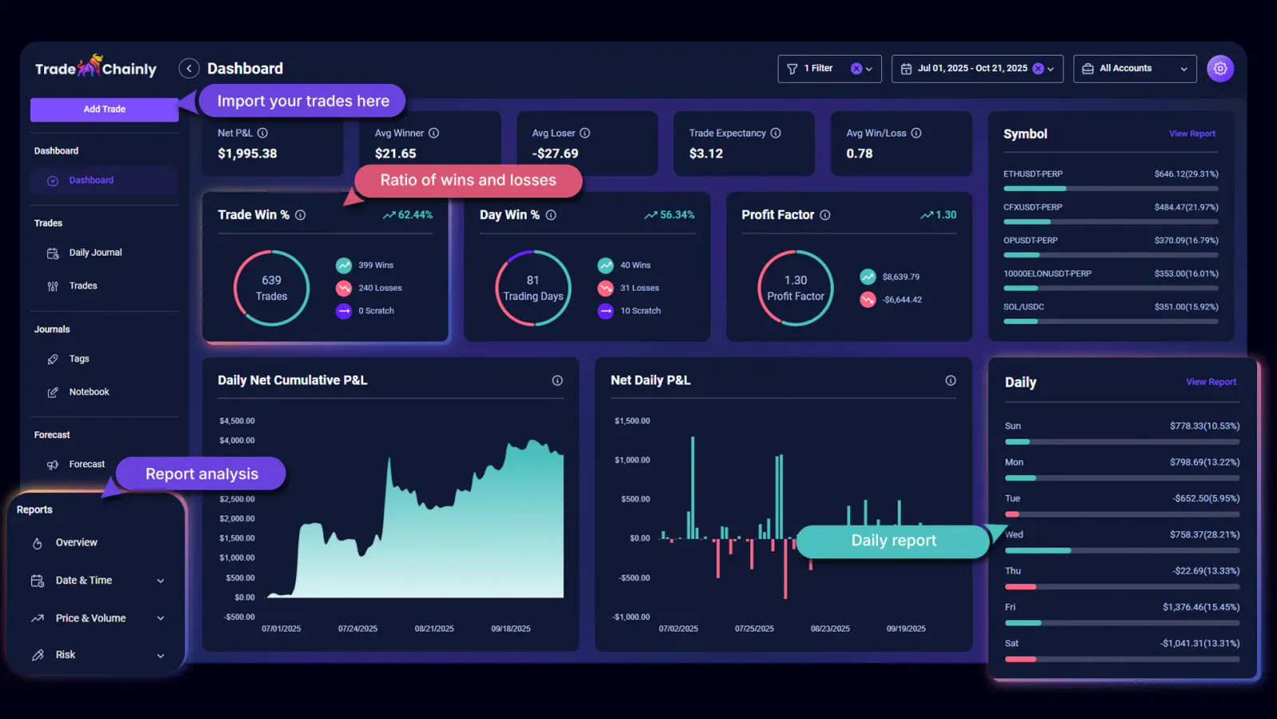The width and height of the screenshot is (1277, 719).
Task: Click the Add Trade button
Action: tap(104, 109)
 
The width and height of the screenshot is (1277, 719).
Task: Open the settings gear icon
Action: tap(1220, 69)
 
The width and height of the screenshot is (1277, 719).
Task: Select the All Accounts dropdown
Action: tap(1134, 69)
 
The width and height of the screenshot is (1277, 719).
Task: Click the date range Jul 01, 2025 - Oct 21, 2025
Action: tap(972, 69)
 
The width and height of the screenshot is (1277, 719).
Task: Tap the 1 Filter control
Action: tap(819, 69)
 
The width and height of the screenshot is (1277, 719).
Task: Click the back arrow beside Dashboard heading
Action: tap(189, 69)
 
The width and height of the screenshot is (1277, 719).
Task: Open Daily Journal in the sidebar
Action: tap(95, 252)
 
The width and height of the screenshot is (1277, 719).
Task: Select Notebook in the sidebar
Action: tap(89, 392)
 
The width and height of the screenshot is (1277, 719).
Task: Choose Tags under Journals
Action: tap(79, 359)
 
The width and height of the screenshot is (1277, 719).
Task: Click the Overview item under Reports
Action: tap(76, 542)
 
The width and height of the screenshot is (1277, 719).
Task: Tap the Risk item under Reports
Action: tap(65, 655)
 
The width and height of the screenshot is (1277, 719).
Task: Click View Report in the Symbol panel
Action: tap(1192, 134)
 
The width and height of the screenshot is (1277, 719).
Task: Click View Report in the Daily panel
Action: tap(1211, 382)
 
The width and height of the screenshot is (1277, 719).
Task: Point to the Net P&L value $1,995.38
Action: tap(247, 153)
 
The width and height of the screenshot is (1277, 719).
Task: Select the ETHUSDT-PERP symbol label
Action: tap(1033, 174)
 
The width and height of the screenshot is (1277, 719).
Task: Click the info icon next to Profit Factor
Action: tap(825, 215)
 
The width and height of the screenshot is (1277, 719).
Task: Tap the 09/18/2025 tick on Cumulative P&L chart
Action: tap(511, 629)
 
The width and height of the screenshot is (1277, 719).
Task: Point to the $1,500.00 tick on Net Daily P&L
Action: tap(632, 421)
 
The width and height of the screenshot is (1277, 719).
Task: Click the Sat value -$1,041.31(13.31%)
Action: tap(1200, 644)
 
